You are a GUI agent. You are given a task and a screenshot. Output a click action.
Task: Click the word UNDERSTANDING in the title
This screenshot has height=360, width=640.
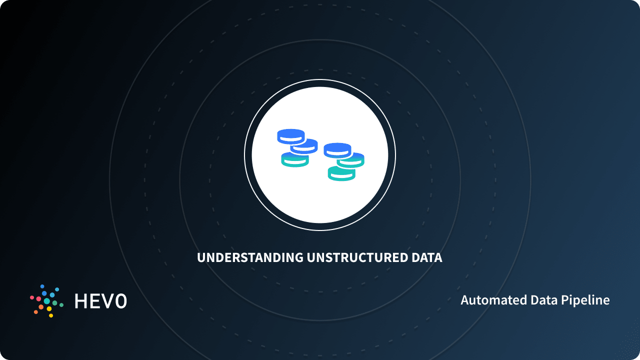coord(250,258)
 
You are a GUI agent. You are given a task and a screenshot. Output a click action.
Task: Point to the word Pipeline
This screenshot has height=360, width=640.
coord(586,300)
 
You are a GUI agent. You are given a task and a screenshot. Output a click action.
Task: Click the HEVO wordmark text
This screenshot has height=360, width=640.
coord(100,301)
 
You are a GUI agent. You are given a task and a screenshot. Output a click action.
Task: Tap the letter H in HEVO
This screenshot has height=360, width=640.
coord(81,301)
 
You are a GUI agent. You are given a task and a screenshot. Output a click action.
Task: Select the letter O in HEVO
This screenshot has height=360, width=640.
coord(120,301)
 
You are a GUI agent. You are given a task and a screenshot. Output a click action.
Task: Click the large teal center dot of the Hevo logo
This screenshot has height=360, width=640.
coord(47,301)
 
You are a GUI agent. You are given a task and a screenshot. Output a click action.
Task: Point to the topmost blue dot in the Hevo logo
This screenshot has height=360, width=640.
coord(42,286)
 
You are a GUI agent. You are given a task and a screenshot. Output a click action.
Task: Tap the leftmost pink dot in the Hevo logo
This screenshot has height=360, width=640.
coord(32,297)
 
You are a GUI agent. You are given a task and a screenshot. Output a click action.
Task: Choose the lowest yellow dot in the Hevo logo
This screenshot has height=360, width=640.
coord(51,315)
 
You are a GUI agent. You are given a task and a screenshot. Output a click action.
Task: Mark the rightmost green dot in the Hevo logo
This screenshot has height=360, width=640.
coord(61,304)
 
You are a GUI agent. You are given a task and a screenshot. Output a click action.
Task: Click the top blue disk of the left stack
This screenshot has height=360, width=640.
coord(290,135)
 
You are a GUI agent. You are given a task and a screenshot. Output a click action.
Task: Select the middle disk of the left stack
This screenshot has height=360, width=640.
coord(304,146)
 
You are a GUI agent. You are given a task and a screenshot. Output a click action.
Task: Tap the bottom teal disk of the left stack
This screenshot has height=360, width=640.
coord(294,159)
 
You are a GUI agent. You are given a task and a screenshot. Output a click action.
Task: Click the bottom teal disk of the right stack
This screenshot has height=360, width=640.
coord(341,173)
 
